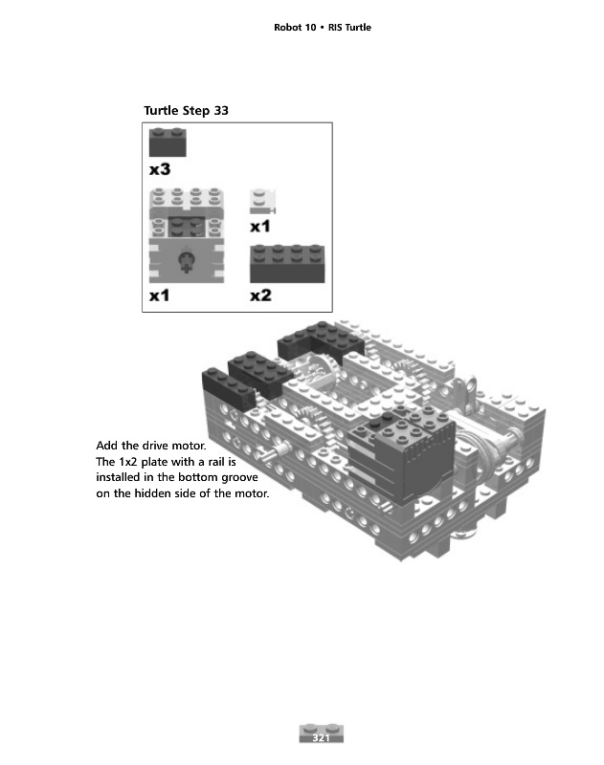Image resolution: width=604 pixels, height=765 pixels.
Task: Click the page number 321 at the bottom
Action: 321,737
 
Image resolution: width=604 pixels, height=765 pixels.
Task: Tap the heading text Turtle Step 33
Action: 186,111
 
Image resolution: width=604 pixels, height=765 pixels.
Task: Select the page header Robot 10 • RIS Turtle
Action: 323,28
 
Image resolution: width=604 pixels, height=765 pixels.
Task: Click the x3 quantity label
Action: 160,169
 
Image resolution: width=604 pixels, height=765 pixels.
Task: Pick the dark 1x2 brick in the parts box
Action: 168,142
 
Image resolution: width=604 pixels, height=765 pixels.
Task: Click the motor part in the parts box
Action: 187,235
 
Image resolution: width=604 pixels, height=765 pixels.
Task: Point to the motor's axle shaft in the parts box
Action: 186,261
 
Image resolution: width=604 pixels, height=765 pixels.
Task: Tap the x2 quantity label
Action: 260,295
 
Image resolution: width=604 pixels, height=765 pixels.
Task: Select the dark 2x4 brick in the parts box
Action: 287,264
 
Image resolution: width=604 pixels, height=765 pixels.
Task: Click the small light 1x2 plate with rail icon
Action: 262,202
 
